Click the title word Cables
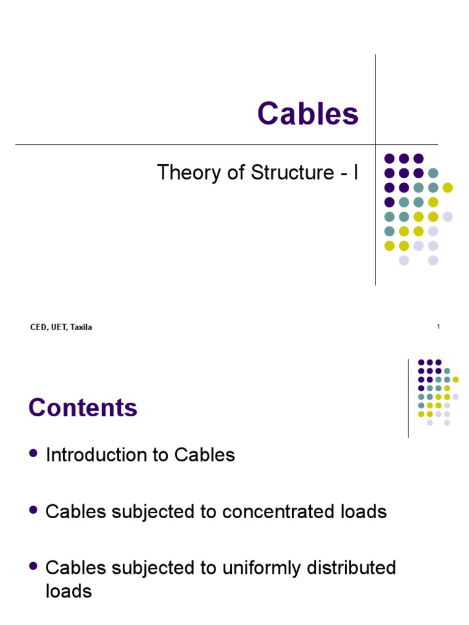coord(308,114)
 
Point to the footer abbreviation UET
coord(59,328)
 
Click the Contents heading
coord(83,408)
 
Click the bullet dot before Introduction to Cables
coord(33,453)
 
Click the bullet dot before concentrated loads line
coord(33,510)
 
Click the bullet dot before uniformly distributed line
coord(33,566)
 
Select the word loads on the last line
coord(68,591)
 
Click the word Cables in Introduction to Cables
coord(205,455)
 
